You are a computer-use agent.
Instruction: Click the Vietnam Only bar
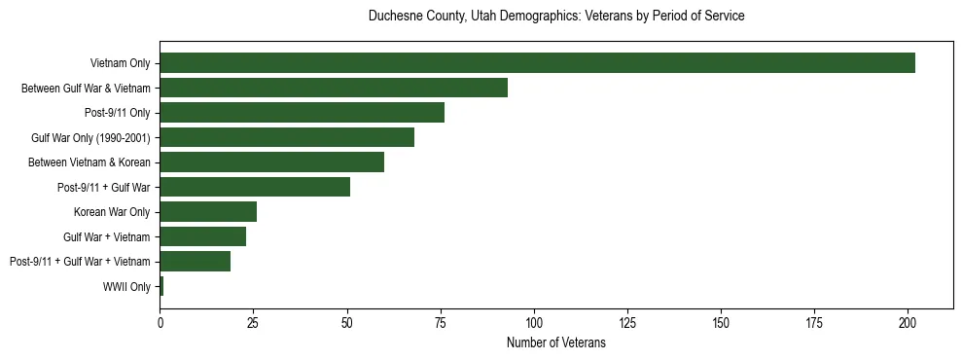537,63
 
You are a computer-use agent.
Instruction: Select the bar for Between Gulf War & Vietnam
334,88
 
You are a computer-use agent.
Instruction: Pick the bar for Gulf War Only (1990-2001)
287,137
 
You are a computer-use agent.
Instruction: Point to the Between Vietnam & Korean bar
271,162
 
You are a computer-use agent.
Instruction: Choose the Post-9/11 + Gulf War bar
255,187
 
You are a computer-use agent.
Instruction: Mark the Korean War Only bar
208,212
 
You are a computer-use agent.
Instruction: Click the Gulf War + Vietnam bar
202,236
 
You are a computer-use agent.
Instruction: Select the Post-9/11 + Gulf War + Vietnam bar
195,262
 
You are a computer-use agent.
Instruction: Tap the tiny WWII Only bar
161,286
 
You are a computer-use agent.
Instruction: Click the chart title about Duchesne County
556,17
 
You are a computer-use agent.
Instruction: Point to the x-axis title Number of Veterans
556,342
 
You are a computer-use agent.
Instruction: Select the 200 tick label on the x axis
908,321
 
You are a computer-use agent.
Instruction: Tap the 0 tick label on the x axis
160,321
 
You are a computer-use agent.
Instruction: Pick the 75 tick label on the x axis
441,321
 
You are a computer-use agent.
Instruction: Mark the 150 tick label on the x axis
721,321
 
